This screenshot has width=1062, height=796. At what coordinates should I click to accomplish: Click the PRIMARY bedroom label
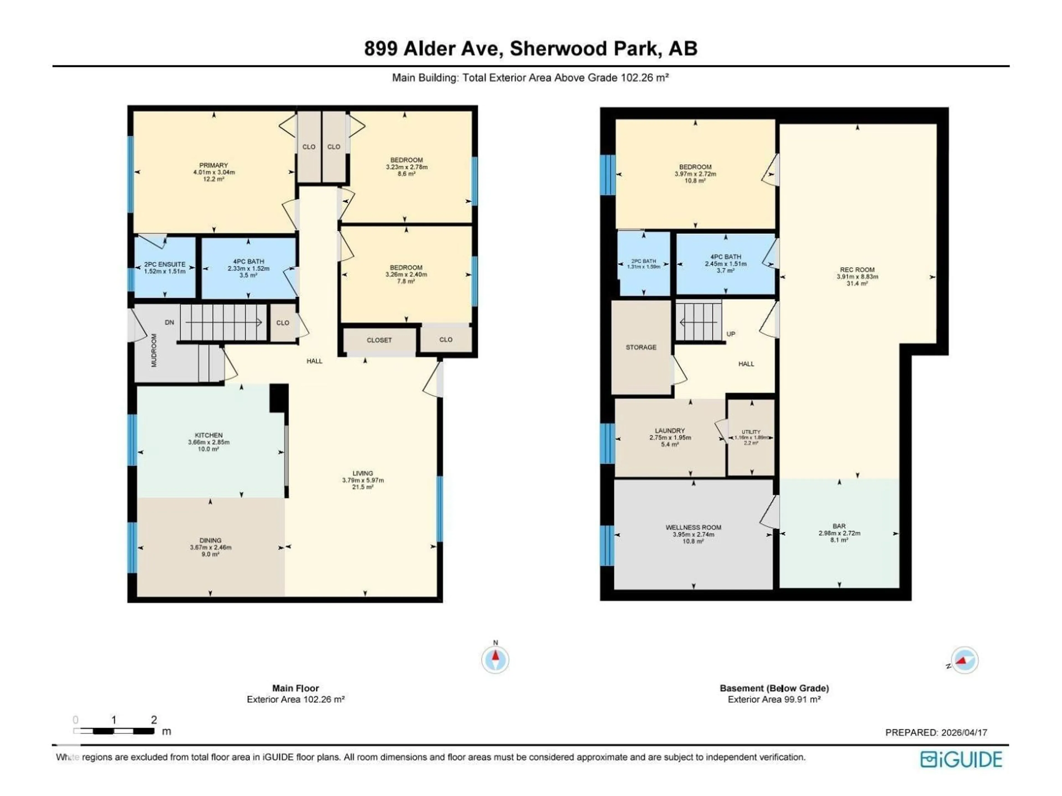[x=214, y=165]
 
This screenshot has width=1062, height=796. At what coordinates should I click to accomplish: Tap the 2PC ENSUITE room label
[x=165, y=265]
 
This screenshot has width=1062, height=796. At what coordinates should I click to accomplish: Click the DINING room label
[x=210, y=540]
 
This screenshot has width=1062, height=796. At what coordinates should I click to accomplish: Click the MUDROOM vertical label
[x=154, y=350]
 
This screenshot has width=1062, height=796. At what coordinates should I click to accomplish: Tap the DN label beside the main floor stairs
[x=170, y=323]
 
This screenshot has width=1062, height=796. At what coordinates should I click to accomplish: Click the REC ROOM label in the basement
[x=857, y=270]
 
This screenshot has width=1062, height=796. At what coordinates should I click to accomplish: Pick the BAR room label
[x=839, y=526]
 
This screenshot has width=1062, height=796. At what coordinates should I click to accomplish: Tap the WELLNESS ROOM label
[x=693, y=527]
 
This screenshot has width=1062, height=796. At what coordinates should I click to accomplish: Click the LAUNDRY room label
[x=670, y=431]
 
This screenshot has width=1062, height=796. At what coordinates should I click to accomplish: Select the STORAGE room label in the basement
[x=641, y=347]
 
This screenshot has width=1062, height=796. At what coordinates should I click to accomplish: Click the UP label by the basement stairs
[x=731, y=334]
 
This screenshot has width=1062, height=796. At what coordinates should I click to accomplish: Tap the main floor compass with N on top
[x=495, y=660]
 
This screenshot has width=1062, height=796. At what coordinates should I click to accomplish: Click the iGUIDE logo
[x=961, y=760]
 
